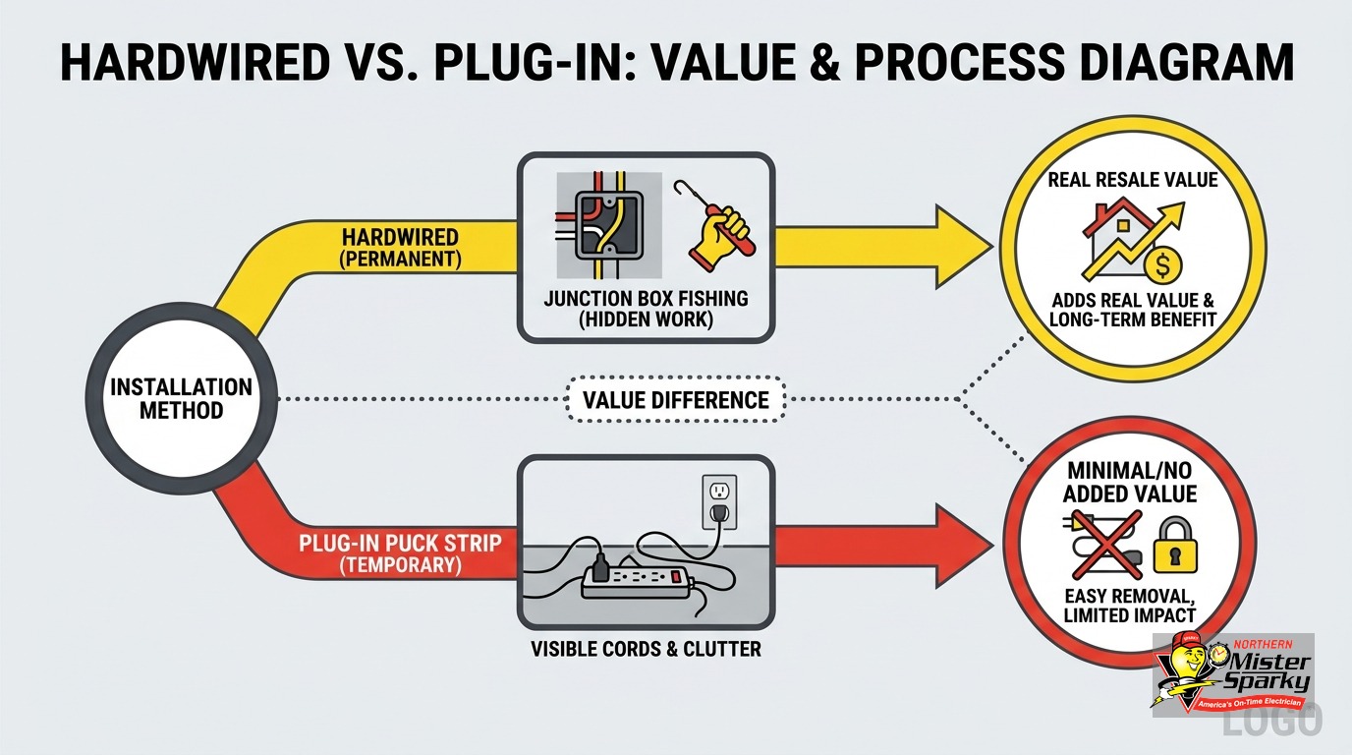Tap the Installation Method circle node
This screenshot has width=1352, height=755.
[x=181, y=399]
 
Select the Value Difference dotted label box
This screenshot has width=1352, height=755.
[x=676, y=399]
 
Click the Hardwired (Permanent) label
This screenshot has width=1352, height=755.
[x=400, y=248]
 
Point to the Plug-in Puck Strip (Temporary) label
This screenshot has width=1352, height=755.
[x=400, y=553]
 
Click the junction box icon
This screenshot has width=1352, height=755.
[x=609, y=225]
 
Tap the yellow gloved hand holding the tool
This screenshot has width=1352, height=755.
[x=722, y=232]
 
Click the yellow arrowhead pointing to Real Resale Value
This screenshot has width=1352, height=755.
[x=963, y=247]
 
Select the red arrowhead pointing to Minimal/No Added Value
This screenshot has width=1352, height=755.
[x=964, y=547]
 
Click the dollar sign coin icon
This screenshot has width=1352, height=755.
[x=1162, y=264]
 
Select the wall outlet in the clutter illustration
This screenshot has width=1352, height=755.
[x=719, y=502]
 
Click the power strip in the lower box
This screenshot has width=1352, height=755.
[x=635, y=582]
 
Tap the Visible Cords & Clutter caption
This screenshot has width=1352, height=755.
[x=646, y=649]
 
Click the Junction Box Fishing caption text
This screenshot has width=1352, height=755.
[x=646, y=309]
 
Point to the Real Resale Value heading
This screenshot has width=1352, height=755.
[x=1133, y=180]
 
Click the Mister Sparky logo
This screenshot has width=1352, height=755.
[x=1233, y=675]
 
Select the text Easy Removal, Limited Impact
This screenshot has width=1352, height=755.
[x=1130, y=606]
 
